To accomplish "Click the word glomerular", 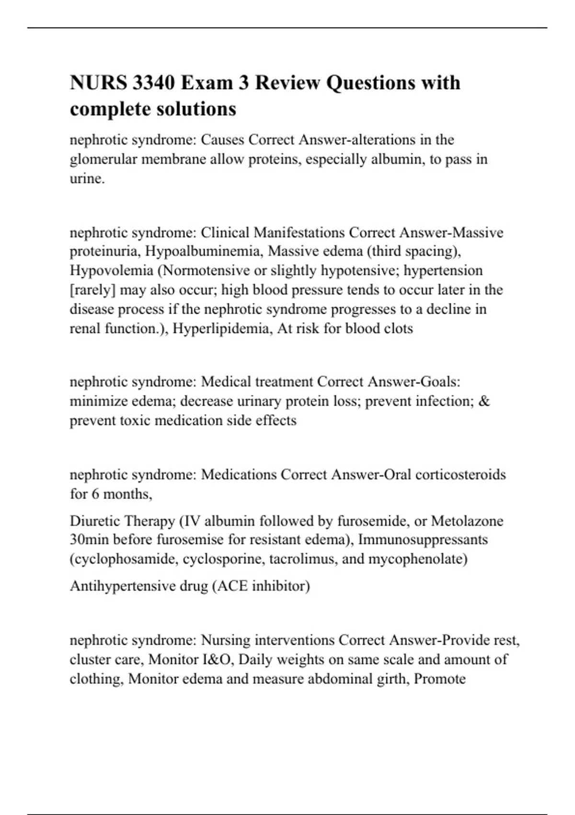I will coord(103,159).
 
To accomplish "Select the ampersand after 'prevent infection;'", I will coord(484,401).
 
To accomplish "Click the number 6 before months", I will coord(95,494).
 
